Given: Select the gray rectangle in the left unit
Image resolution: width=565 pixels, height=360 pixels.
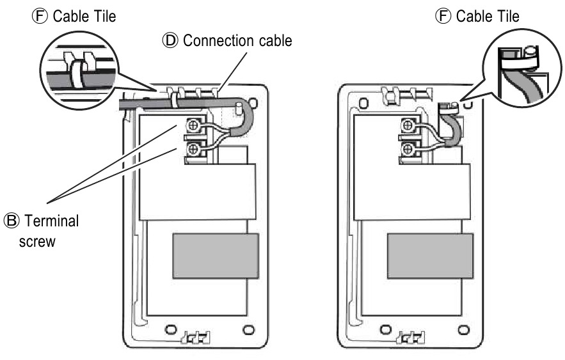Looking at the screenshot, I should pyautogui.click(x=215, y=256).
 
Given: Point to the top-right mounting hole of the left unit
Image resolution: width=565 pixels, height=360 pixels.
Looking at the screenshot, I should pyautogui.click(x=255, y=101).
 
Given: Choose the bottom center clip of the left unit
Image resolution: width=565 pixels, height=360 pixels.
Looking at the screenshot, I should pyautogui.click(x=194, y=336).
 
